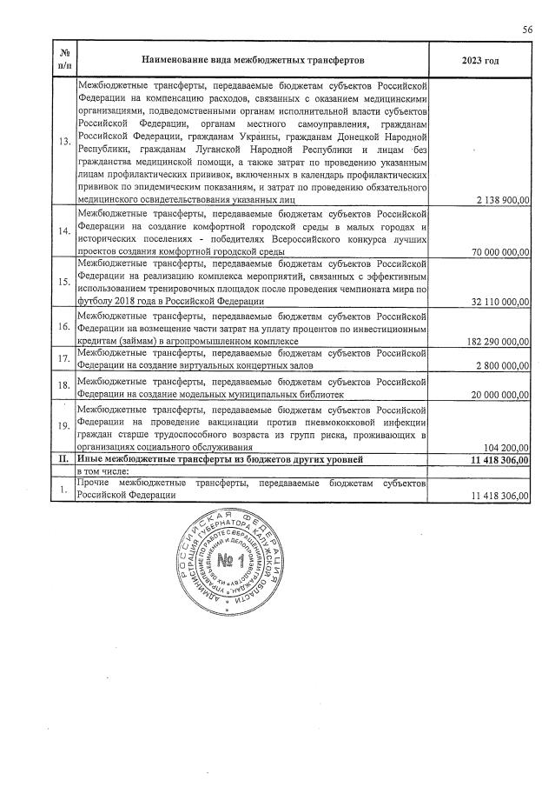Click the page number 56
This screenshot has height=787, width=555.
526,30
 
